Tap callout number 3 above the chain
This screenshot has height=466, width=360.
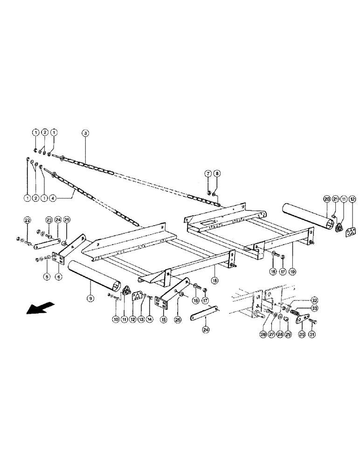click(x=85, y=133)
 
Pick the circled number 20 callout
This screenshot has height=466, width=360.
click(x=327, y=199)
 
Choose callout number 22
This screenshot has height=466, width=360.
click(x=27, y=219)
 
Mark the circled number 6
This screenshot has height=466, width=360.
click(x=58, y=277)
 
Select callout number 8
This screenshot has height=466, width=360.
click(x=218, y=174)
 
